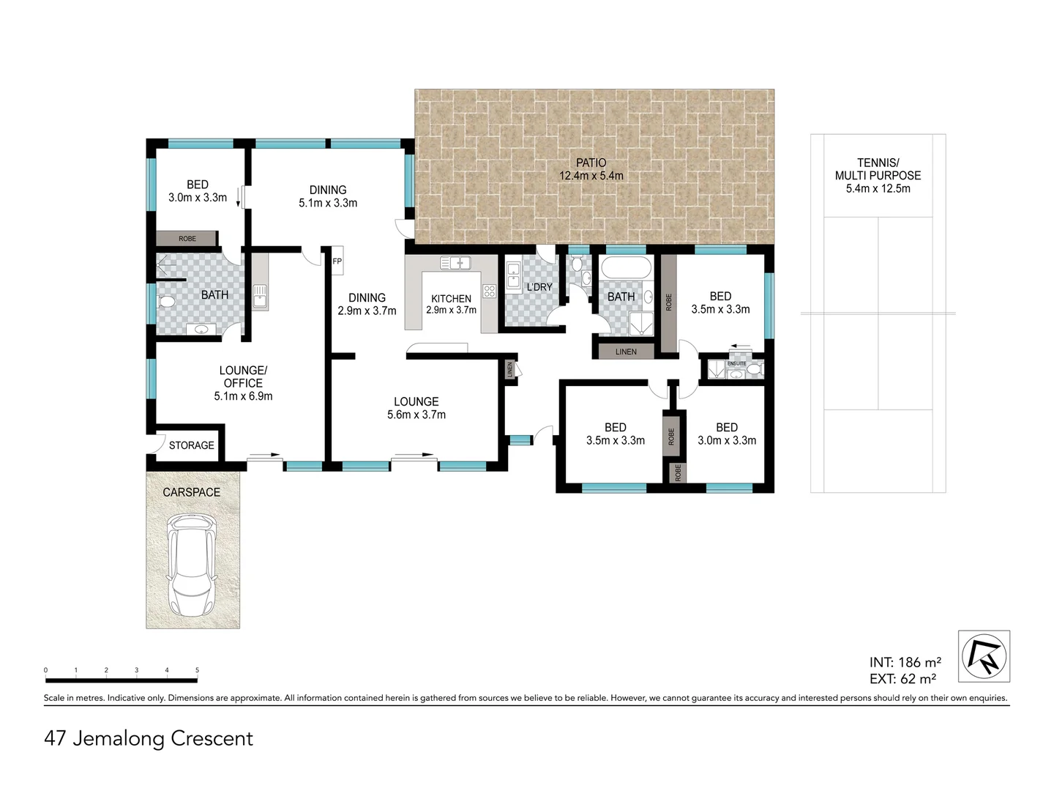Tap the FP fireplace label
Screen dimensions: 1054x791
click(x=337, y=261)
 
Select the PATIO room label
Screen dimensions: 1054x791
click(x=591, y=163)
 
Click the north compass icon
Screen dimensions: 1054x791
click(x=984, y=656)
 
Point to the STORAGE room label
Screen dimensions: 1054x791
click(x=192, y=445)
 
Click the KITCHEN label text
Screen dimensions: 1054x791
click(x=451, y=299)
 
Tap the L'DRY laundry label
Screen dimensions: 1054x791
click(x=539, y=287)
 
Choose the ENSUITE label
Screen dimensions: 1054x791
click(x=736, y=363)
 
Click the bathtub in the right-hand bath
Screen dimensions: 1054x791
click(x=626, y=267)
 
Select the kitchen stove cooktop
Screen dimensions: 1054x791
click(x=490, y=291)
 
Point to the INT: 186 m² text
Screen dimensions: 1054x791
click(x=905, y=662)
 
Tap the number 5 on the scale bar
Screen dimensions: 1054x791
click(x=197, y=670)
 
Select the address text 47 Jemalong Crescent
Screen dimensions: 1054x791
click(x=149, y=739)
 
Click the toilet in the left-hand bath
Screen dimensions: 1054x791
click(x=165, y=302)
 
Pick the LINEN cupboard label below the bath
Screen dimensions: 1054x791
click(x=626, y=352)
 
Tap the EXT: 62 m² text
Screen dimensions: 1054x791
click(x=902, y=679)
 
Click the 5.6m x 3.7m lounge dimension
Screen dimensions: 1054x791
click(x=416, y=415)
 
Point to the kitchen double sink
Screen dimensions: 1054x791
click(x=456, y=263)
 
